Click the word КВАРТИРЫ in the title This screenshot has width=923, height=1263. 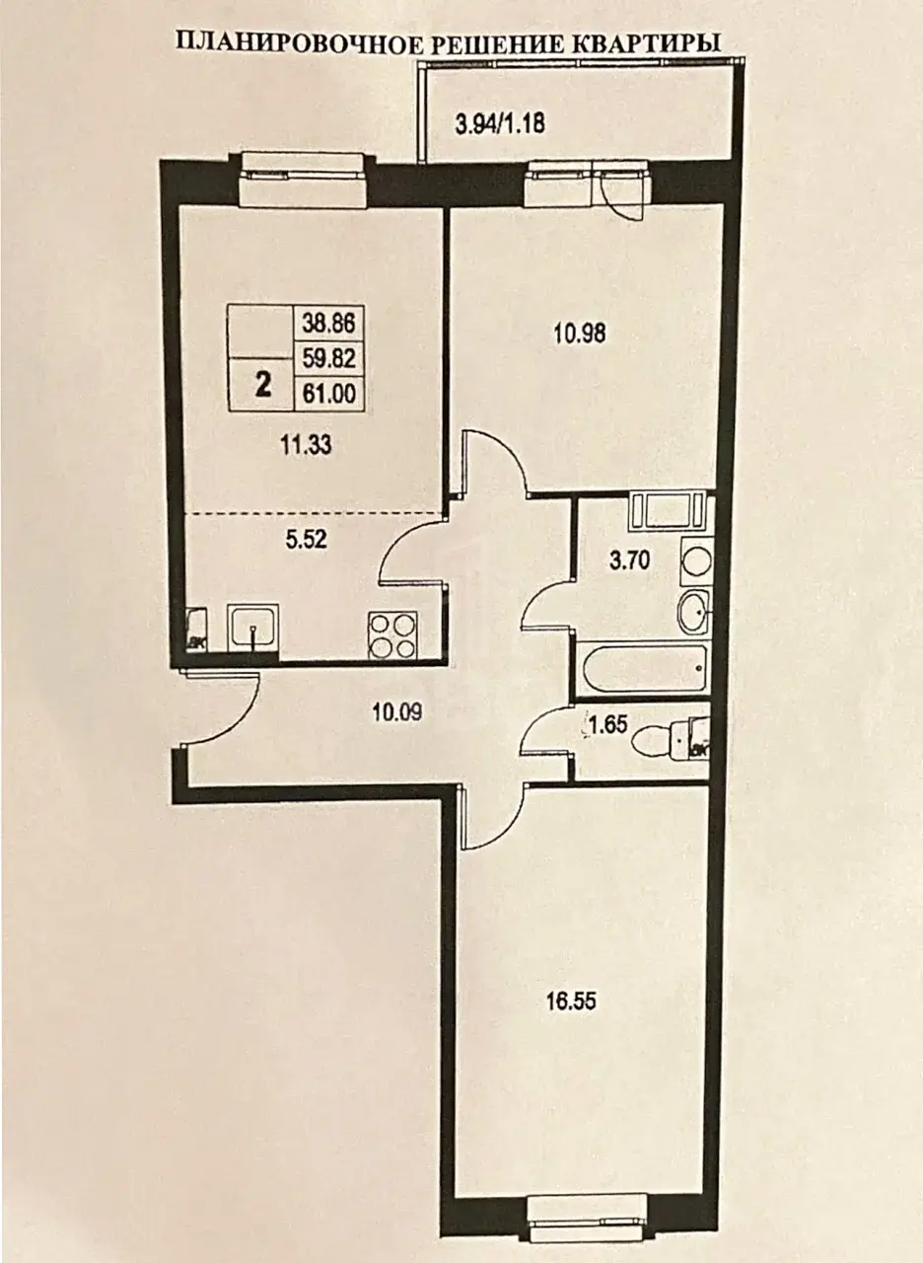pos(648,44)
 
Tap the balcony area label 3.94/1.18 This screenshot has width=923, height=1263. pos(500,123)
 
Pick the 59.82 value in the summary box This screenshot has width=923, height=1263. pos(329,357)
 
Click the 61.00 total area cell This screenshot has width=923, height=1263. pos(329,393)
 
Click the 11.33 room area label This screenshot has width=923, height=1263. pos(306,446)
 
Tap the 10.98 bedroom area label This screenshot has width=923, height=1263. pos(579,334)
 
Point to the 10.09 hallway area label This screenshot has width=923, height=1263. pos(396,712)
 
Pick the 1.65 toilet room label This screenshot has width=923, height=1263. pos(609,723)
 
